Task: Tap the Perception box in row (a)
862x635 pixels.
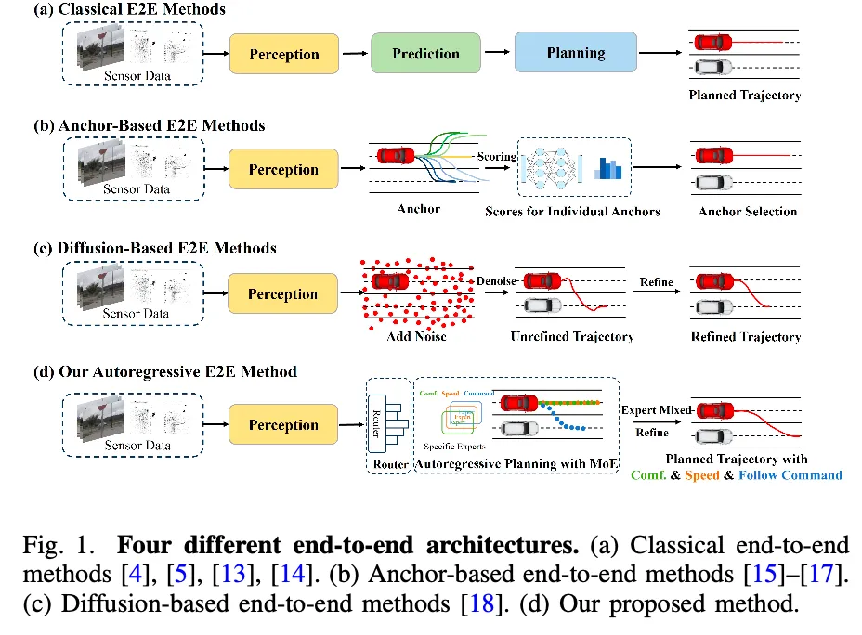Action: pos(283,55)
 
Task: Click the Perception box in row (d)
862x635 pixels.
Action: pos(283,425)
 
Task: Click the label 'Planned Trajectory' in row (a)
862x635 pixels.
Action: pos(744,95)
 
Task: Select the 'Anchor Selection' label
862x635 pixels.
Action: pos(748,211)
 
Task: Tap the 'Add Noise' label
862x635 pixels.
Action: pos(416,335)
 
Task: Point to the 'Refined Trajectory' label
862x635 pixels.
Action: pos(745,336)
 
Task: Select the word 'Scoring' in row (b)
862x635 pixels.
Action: pos(496,156)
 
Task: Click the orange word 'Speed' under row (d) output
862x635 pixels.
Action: pos(702,474)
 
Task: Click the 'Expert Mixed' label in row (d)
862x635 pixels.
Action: pos(658,410)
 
